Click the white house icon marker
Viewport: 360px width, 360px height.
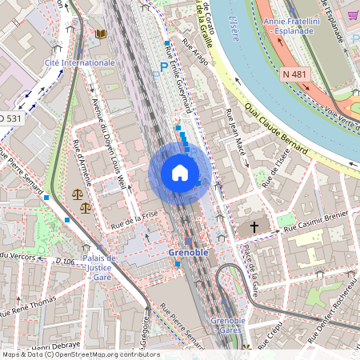[179, 173]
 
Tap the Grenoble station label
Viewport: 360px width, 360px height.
[189, 252]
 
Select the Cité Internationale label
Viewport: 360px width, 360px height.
[80, 61]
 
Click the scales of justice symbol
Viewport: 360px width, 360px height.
[78, 194]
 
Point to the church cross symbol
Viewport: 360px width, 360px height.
[254, 227]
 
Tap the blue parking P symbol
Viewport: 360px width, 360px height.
[164, 68]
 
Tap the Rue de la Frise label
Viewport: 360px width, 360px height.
[137, 220]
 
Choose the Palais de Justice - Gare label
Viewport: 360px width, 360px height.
[100, 269]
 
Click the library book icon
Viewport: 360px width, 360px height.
[101, 34]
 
